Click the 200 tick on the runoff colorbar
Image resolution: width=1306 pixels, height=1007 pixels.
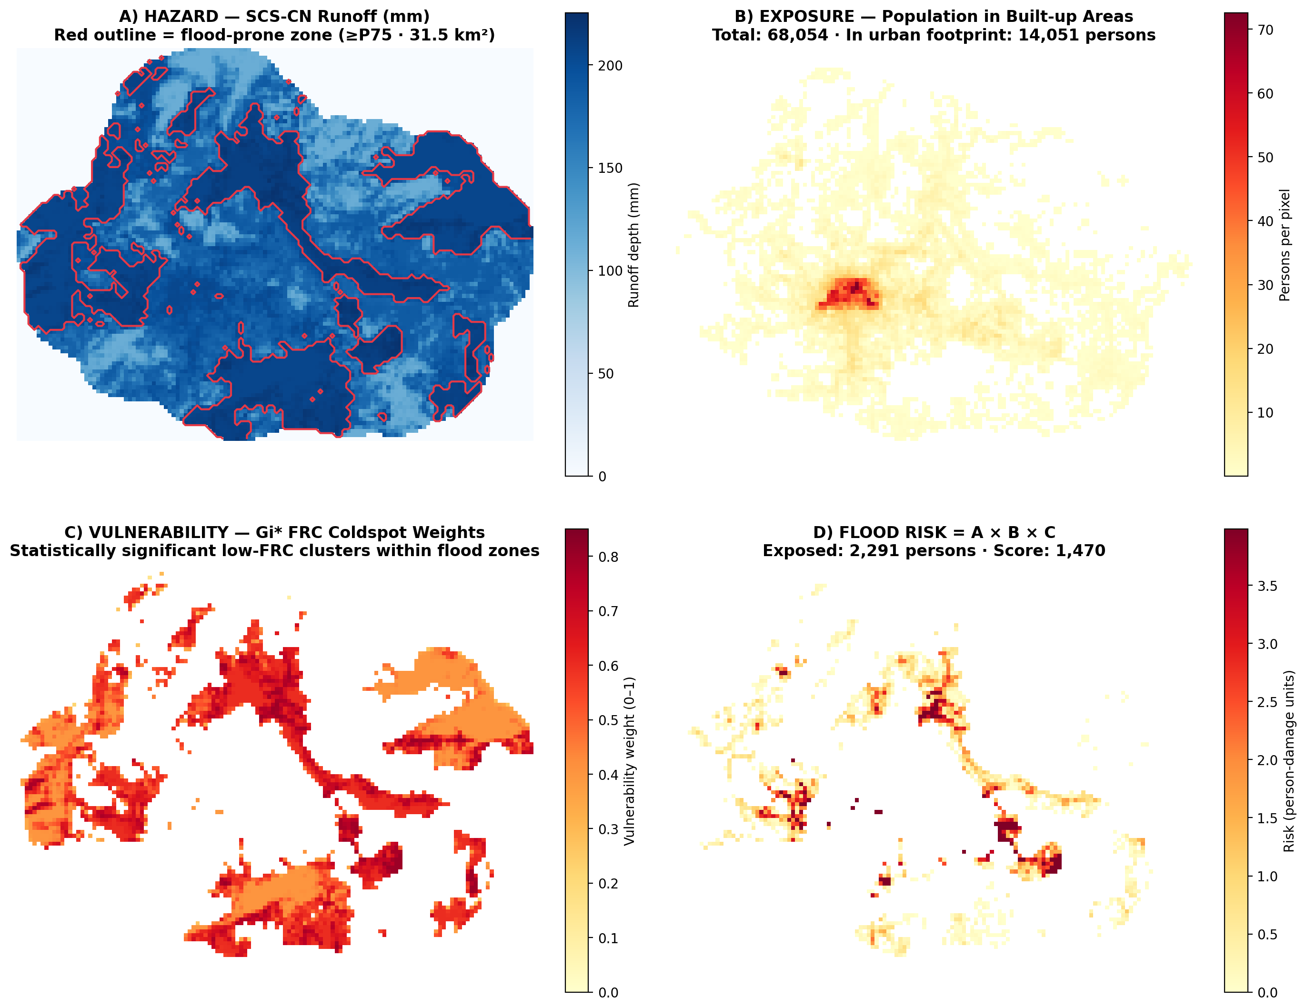610,66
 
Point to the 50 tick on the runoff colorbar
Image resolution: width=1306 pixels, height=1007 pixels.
606,373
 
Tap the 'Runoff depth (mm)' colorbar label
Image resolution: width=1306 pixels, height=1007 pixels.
634,245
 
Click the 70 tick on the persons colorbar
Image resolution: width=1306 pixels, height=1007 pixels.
1265,30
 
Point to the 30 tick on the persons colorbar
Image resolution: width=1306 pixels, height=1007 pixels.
1265,285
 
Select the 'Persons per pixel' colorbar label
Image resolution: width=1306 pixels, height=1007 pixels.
1285,245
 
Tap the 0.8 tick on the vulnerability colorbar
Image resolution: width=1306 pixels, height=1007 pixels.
608,557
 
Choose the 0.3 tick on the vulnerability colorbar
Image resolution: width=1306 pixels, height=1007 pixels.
608,829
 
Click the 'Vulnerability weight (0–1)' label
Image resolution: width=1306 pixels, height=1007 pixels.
629,761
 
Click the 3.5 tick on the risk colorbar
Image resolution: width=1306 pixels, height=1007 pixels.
1267,586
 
